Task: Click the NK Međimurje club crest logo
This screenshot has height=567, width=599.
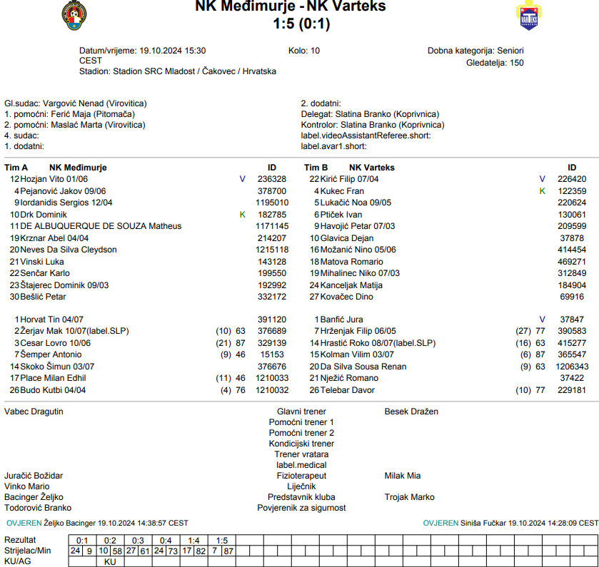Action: coord(75,16)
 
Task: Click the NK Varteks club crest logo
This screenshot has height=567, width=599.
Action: coord(527,16)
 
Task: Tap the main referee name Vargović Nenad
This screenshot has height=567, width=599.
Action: coord(74,103)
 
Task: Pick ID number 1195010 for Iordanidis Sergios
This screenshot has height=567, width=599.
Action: coord(272,203)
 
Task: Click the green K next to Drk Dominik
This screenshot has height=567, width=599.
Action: coord(242,215)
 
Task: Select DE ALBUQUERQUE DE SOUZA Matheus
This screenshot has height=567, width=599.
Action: coord(101,226)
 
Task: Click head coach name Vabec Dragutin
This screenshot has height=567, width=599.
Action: coord(34,412)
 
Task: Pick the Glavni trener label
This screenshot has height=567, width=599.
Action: coord(301,412)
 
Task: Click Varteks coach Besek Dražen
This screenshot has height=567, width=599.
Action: coord(411,412)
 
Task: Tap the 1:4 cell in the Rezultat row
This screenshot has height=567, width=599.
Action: coord(193,541)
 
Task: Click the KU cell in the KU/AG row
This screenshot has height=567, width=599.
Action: coord(110,562)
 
